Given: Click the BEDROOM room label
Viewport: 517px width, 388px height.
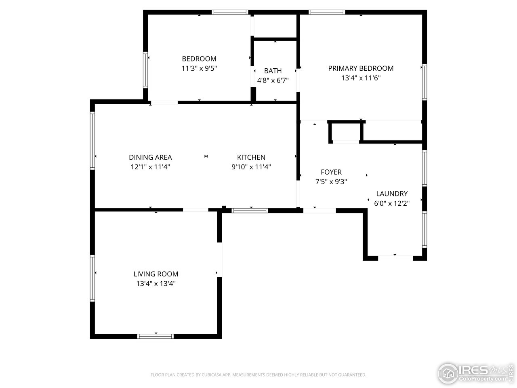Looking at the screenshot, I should tap(199, 59).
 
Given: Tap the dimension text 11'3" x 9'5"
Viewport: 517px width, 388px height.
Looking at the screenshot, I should tap(199, 68).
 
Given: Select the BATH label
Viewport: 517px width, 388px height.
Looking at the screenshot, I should tap(273, 71).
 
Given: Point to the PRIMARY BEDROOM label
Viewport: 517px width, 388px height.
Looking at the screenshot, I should tap(361, 68).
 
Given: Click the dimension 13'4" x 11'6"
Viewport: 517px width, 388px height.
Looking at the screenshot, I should tap(361, 78).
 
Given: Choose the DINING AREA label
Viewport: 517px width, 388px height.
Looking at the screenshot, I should tap(150, 157).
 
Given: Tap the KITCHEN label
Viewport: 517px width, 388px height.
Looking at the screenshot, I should tap(251, 157).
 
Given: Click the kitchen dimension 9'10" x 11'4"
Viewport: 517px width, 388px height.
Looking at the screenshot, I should tap(251, 167).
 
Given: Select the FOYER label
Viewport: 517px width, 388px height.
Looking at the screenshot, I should tap(331, 172).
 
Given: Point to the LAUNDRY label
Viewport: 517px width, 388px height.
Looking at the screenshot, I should tap(392, 194).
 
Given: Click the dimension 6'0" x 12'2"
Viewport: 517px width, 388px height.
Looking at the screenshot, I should tap(392, 203).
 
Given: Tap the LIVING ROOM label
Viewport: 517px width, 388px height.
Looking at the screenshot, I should tap(156, 274).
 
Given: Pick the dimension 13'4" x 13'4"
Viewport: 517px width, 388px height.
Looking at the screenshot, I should tap(156, 284).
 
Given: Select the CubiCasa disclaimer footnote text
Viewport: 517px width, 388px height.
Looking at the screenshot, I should tap(258, 375).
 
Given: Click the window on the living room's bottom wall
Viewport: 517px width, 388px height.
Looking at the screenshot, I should tap(156, 336).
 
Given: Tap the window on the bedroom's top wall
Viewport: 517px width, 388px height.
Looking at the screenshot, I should tap(230, 12).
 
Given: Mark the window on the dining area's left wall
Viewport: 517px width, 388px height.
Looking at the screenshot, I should tap(92, 140).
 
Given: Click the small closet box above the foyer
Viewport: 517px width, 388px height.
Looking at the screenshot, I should tap(345, 132).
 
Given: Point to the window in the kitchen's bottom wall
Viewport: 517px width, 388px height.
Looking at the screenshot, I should tap(250, 210).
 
